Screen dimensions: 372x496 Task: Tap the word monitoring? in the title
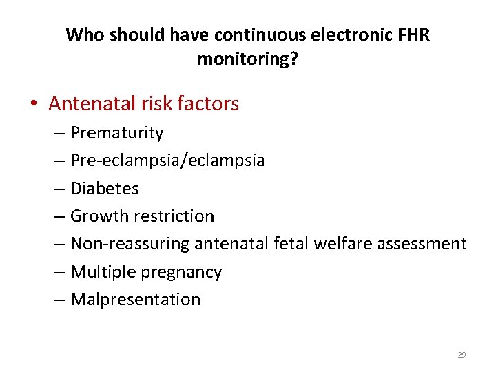(x=248, y=59)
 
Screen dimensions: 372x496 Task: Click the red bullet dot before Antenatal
(x=34, y=105)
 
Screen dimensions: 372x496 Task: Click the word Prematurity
(x=116, y=133)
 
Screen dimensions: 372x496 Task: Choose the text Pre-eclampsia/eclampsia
(x=167, y=161)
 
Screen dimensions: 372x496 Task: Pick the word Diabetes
(x=105, y=188)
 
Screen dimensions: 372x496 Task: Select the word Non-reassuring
(x=130, y=244)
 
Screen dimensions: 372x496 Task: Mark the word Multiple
(x=103, y=272)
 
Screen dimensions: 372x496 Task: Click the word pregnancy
(x=182, y=273)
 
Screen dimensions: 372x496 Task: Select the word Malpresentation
(x=136, y=300)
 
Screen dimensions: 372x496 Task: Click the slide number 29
(x=462, y=355)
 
